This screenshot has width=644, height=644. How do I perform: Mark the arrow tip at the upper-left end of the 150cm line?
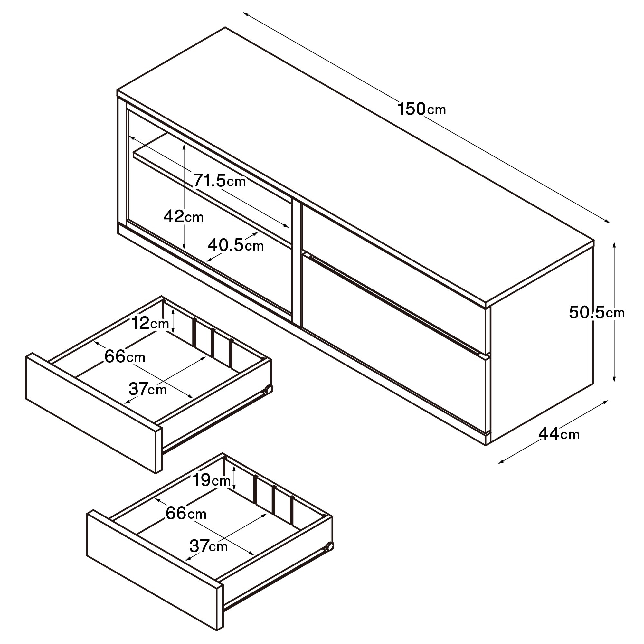pos(243,13)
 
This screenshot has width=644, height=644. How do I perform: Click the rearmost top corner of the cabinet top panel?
pos(225,27)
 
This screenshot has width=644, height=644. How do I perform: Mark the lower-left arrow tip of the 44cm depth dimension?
pos(498,463)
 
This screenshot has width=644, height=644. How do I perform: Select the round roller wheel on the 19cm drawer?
pos(329,546)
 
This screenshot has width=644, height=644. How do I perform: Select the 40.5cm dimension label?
pos(236,245)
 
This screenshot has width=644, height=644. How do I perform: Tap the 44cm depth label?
pos(559,434)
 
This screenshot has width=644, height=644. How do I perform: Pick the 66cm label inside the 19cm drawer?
pos(186,513)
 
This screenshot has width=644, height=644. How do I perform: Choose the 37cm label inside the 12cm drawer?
pos(148,389)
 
